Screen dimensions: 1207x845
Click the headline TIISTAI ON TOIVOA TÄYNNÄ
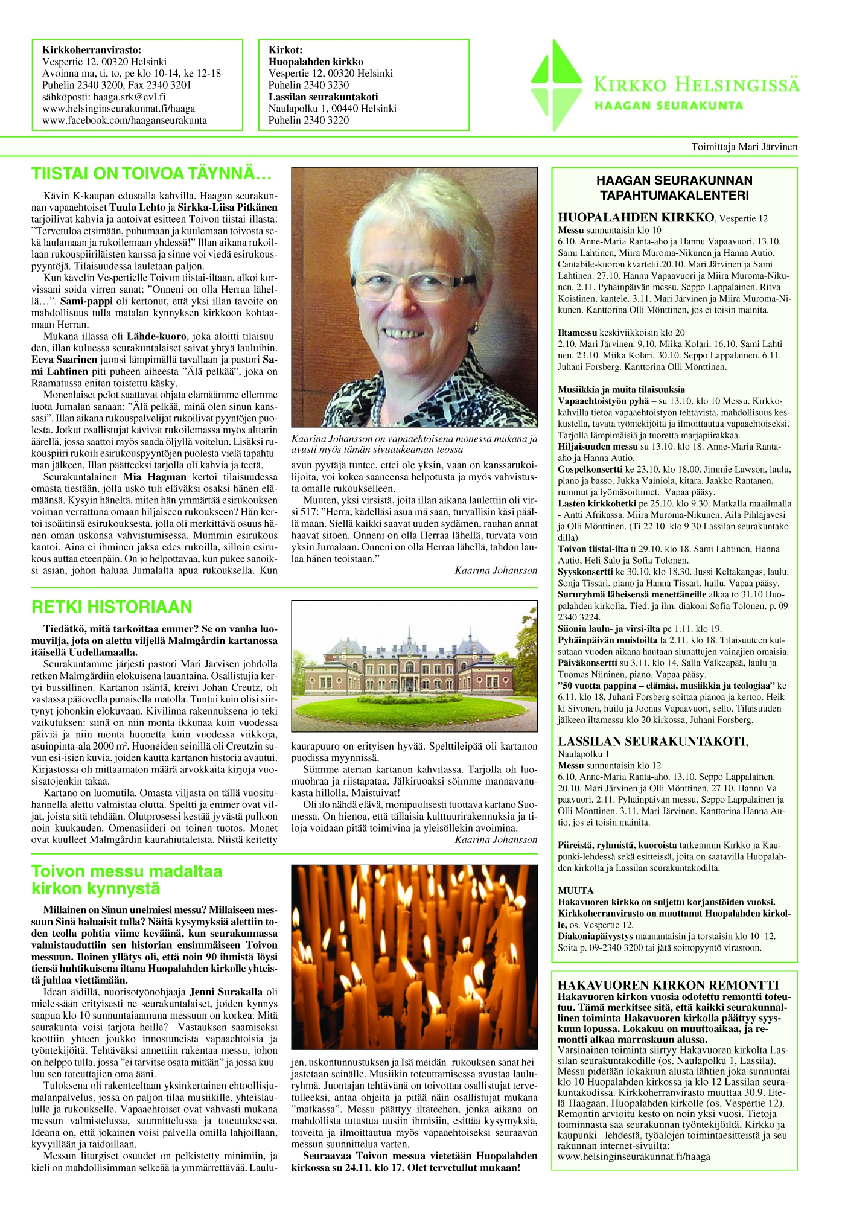click(151, 174)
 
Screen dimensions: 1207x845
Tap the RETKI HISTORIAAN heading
click(112, 607)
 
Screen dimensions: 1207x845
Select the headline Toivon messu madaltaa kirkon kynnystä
click(127, 880)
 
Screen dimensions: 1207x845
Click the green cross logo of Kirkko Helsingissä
click(556, 85)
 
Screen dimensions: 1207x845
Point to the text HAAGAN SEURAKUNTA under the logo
click(669, 106)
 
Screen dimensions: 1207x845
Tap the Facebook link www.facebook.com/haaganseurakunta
click(124, 120)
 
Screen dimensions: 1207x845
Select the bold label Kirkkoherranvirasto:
click(92, 50)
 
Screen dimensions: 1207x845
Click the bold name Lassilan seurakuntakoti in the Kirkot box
click(324, 97)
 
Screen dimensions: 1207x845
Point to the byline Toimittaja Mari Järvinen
click(744, 147)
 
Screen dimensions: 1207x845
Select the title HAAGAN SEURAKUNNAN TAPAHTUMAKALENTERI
click(674, 188)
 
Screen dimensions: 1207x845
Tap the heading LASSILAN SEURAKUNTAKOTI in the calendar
click(652, 742)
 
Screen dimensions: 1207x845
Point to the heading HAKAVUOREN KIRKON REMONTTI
click(668, 986)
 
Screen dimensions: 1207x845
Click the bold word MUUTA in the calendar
click(576, 890)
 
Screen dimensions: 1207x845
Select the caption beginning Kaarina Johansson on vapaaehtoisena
click(414, 444)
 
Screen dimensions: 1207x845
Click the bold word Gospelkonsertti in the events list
click(590, 469)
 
